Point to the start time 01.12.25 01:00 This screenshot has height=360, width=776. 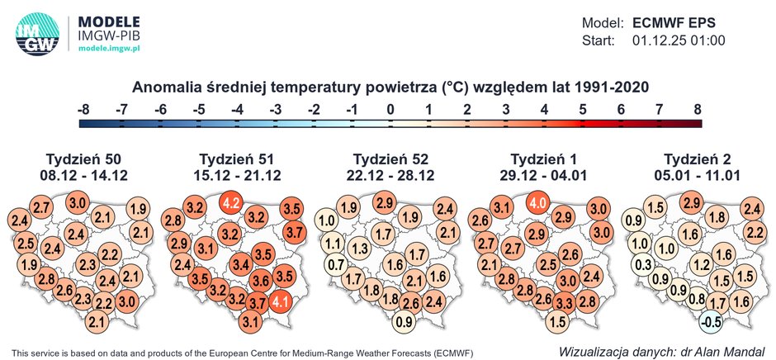point(679,40)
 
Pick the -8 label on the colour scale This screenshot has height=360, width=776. point(83,108)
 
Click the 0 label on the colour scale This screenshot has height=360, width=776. point(391,108)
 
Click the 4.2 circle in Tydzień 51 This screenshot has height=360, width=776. point(233,202)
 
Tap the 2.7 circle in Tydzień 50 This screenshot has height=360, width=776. point(41,207)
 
